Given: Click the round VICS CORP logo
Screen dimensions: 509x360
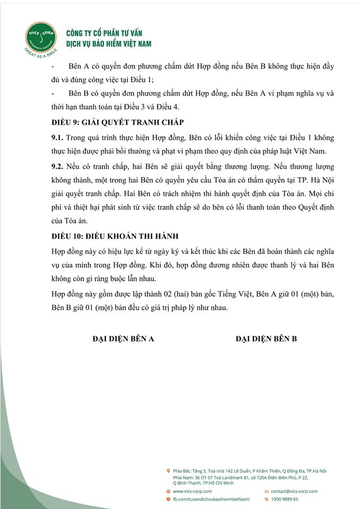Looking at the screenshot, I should click(40, 37).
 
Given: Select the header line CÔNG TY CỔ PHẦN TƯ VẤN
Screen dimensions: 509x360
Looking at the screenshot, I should click(104, 33).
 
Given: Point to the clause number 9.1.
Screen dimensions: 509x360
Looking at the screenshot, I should click(56, 137).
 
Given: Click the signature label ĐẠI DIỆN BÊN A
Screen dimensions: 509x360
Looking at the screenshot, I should click(123, 338).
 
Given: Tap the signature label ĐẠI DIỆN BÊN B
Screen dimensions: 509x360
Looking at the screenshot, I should click(266, 338).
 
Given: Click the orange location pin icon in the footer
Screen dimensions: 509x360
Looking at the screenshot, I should click(168, 470).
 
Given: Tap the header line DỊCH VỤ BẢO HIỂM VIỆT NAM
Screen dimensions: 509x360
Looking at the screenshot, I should click(109, 44).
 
